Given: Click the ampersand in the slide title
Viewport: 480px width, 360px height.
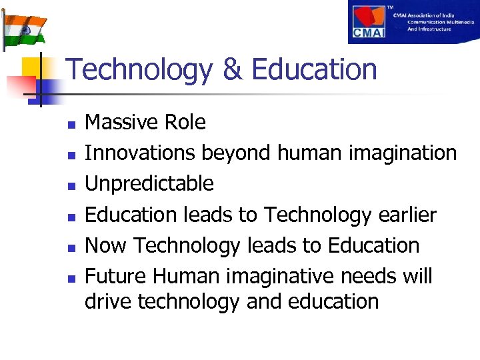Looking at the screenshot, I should pyautogui.click(x=233, y=70).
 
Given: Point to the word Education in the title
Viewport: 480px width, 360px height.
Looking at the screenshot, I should pyautogui.click(x=315, y=70).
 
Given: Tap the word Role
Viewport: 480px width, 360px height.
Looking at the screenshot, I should pyautogui.click(x=186, y=122).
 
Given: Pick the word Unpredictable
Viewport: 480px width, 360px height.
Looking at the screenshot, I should pyautogui.click(x=149, y=183).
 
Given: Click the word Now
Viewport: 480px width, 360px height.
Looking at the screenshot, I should pyautogui.click(x=104, y=245).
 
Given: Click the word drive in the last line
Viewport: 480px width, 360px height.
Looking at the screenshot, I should pyautogui.click(x=108, y=301).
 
